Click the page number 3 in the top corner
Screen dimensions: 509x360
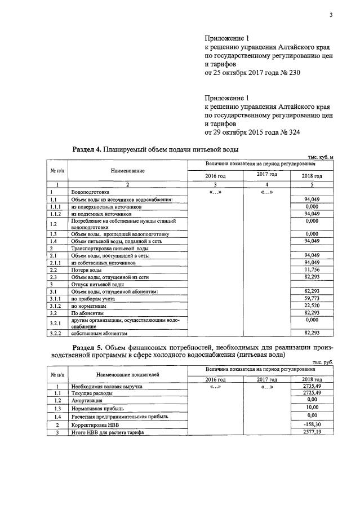(331, 15)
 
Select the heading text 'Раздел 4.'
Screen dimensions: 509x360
(87, 149)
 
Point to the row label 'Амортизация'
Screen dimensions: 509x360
(87, 400)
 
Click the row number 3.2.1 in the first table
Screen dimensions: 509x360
(55, 322)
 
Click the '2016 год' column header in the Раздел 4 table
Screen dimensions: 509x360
(214, 176)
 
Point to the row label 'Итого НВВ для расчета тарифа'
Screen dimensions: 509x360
(108, 432)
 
